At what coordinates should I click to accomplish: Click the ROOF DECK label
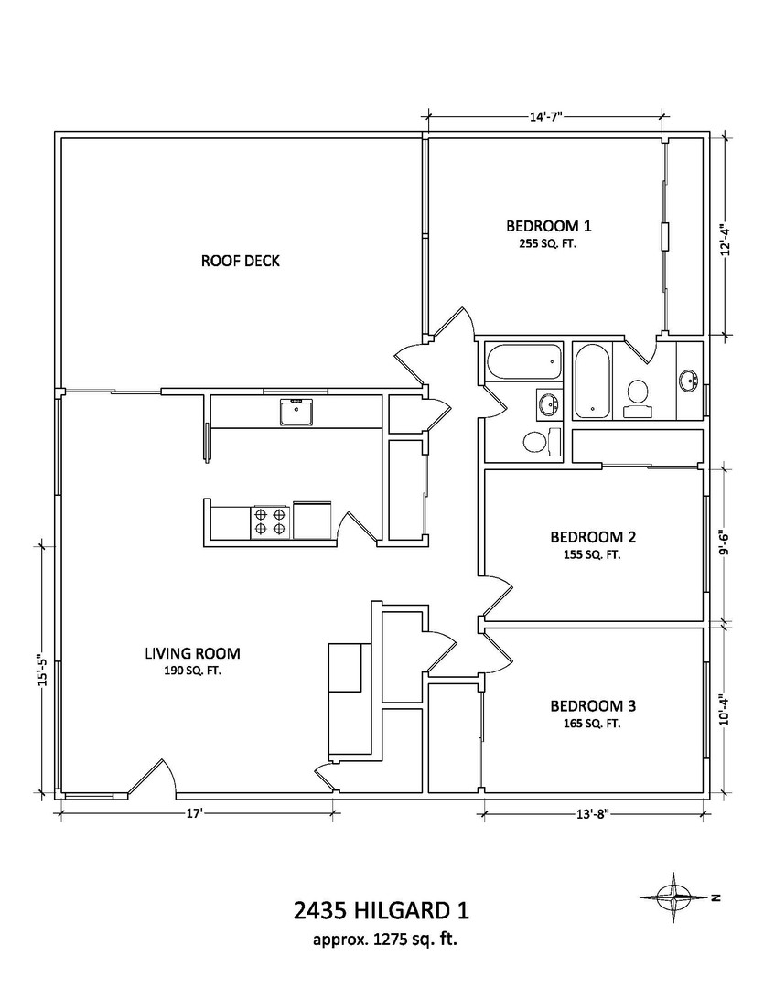(240, 261)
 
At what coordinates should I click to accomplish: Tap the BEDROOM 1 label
(549, 226)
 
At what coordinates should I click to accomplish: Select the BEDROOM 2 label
(593, 537)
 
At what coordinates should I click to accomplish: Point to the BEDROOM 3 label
(593, 705)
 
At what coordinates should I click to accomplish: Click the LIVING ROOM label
(193, 653)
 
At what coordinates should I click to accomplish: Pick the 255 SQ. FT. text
(548, 243)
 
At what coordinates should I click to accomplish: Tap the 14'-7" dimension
(546, 116)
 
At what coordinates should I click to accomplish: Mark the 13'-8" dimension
(593, 813)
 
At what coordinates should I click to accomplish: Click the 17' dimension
(194, 813)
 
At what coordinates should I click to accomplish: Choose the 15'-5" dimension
(42, 669)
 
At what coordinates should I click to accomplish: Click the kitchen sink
(297, 412)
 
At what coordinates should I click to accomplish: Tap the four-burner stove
(271, 521)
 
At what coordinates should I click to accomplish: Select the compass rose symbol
(674, 897)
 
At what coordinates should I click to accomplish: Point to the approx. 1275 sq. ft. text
(385, 940)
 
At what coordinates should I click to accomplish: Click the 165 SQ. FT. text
(592, 724)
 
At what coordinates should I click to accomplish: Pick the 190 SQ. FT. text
(193, 671)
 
